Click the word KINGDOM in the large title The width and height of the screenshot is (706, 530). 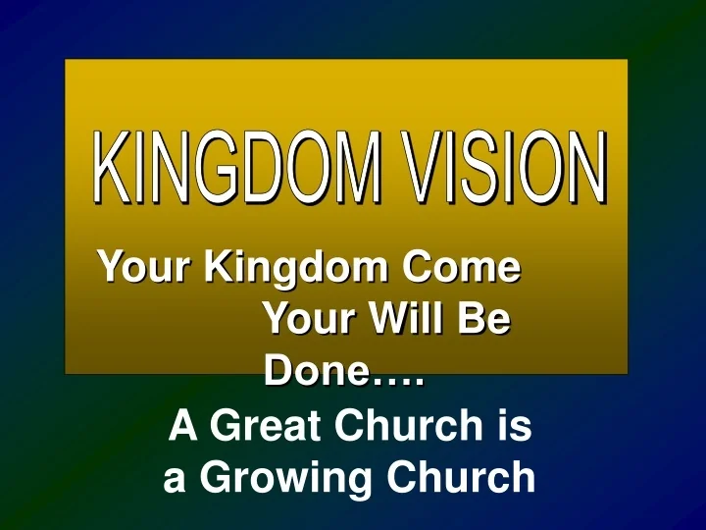pos(236,169)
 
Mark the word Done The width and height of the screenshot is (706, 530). pos(313,372)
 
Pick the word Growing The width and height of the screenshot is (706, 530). pos(279,480)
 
